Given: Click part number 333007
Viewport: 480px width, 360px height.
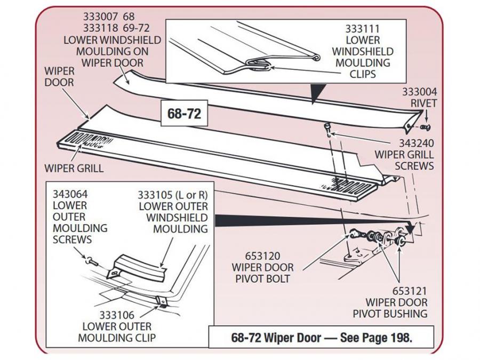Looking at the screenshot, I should click(x=99, y=17).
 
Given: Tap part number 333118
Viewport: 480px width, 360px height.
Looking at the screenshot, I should click(x=99, y=28).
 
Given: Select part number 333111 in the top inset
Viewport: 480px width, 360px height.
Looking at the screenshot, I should click(x=362, y=28).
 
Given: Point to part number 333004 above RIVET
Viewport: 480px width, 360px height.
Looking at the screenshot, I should click(x=423, y=91).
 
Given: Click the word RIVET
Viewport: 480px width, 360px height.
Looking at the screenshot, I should click(x=423, y=102).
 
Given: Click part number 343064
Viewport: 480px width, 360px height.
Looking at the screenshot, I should click(x=70, y=194).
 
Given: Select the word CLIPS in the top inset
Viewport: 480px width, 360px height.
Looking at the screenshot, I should click(x=362, y=74).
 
